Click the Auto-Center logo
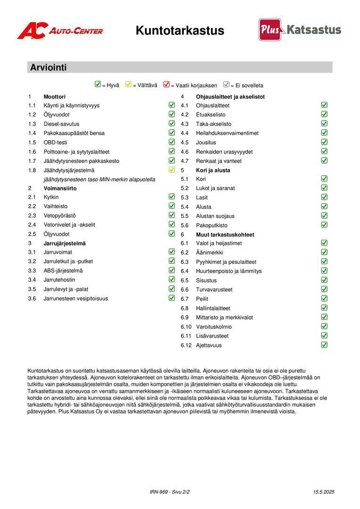click(x=60, y=31)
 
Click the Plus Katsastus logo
click(x=300, y=30)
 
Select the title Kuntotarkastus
click(x=180, y=31)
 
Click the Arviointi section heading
click(x=49, y=67)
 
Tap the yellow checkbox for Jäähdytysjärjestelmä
click(x=172, y=170)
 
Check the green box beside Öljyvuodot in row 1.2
click(x=172, y=114)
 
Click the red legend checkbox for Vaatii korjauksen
click(x=166, y=85)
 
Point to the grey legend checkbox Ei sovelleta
click(x=226, y=85)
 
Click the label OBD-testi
click(x=56, y=142)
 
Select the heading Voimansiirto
click(x=60, y=188)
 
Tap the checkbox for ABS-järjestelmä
click(x=172, y=270)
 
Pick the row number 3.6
click(x=32, y=298)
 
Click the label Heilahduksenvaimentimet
click(x=227, y=133)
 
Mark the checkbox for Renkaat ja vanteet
click(x=324, y=160)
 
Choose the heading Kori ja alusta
click(x=213, y=170)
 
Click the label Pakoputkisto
click(x=212, y=225)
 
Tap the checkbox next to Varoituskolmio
click(x=324, y=326)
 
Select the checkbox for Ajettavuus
click(x=324, y=345)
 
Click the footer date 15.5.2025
click(x=324, y=492)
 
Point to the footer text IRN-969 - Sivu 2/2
click(x=170, y=492)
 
